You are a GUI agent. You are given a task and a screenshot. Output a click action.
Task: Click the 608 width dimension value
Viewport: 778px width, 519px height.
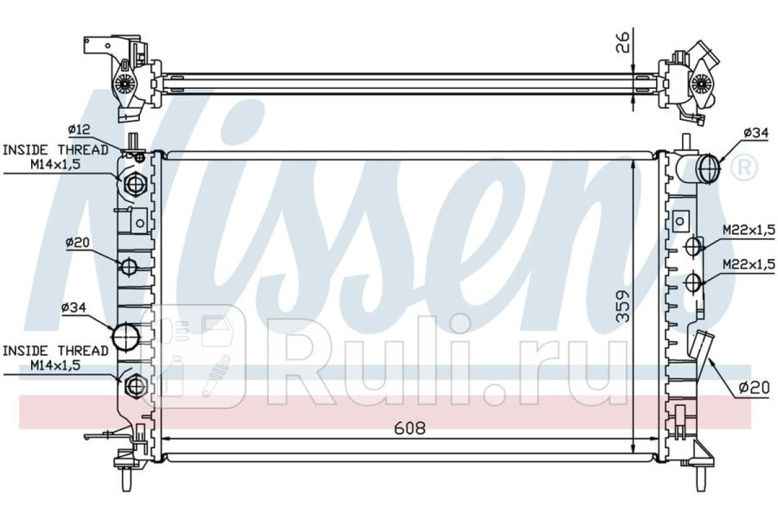pos(410,428)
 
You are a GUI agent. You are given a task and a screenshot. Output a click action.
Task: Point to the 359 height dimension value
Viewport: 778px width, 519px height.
pos(622,306)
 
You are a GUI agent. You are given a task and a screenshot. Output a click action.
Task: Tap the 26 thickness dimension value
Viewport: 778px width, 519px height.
pos(622,42)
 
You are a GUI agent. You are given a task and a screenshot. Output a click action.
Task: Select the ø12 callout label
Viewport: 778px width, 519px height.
pos(79,129)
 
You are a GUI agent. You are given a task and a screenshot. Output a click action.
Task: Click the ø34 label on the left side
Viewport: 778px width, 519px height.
pos(74,308)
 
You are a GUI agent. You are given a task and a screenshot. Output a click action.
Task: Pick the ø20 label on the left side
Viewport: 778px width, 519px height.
pos(78,242)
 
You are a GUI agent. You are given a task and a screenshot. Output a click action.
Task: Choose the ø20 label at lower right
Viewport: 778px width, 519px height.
pos(753,388)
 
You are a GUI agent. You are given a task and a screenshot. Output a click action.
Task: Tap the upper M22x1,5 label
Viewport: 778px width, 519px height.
pos(749,230)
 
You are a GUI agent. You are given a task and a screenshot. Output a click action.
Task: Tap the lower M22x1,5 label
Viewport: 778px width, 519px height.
pos(749,265)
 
